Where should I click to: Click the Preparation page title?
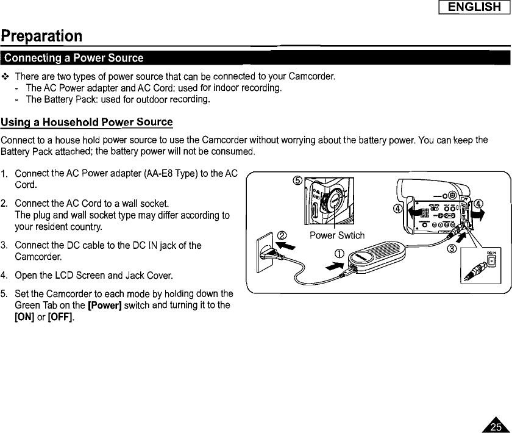click(x=41, y=35)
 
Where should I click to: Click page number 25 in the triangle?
click(x=497, y=426)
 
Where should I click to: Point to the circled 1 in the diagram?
click(x=340, y=254)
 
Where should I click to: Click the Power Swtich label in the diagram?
click(x=336, y=235)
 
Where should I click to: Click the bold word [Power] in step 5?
click(x=107, y=305)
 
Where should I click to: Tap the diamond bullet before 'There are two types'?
click(x=5, y=77)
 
